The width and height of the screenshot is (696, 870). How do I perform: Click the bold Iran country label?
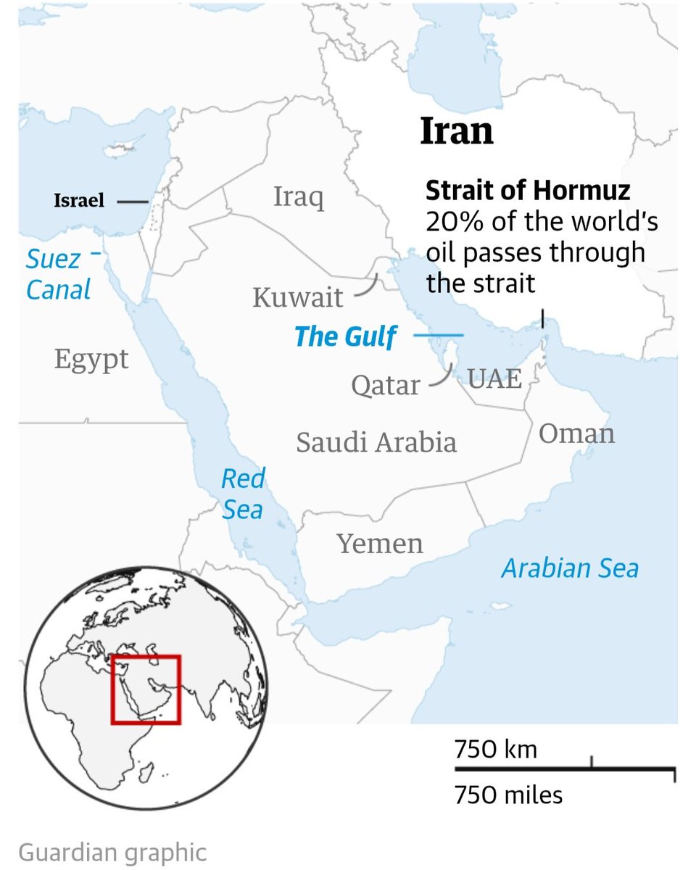[457, 131]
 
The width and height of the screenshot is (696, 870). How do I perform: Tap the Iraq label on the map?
[299, 197]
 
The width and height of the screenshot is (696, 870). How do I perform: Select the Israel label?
[79, 201]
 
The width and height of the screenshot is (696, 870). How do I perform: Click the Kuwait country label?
[297, 297]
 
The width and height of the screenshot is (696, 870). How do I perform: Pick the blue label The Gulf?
[346, 336]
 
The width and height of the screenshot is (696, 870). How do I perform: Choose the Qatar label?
[386, 385]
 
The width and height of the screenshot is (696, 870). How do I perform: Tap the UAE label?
[494, 378]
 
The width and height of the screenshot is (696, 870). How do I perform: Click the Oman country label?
[576, 434]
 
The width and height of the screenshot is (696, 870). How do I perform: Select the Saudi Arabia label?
[376, 442]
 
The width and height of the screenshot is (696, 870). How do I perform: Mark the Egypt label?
[91, 359]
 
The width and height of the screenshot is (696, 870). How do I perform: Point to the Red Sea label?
[243, 494]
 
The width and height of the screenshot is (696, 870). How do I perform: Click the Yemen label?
[380, 543]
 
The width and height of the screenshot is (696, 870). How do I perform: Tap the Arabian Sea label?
[570, 568]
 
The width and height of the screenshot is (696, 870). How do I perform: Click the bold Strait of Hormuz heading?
[528, 191]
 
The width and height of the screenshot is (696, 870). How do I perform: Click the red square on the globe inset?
[146, 689]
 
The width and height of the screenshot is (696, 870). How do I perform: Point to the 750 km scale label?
[496, 748]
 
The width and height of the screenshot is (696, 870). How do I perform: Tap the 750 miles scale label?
[508, 795]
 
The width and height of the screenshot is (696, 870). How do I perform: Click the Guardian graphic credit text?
[112, 852]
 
